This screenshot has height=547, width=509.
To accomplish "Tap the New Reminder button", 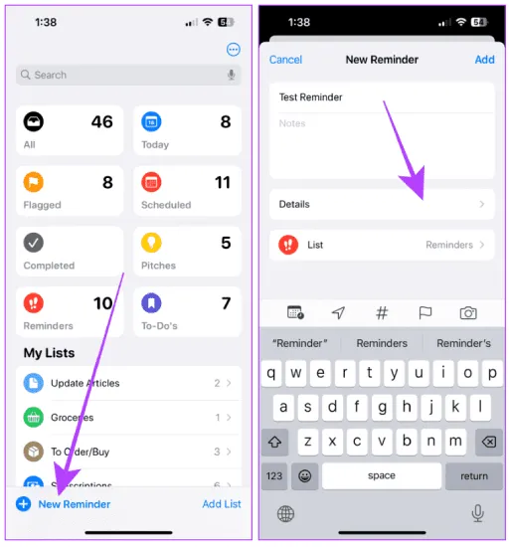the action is click(x=63, y=504).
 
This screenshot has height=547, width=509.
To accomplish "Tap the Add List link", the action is click(x=222, y=504).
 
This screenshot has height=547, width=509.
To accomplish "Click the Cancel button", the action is click(x=285, y=60).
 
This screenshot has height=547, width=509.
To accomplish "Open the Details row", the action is click(x=382, y=204).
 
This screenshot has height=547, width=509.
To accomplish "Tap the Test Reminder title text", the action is click(x=310, y=97).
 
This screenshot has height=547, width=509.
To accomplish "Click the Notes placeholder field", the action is click(x=292, y=123).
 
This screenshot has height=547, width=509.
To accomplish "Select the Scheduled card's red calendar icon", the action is click(x=151, y=182).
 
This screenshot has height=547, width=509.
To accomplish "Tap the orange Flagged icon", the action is click(x=34, y=182).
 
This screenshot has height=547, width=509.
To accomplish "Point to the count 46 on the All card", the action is click(x=102, y=121).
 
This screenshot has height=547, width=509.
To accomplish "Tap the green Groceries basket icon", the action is click(x=34, y=418).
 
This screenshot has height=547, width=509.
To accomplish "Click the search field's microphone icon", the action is click(x=232, y=75).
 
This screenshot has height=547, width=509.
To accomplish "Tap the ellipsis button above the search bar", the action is click(x=234, y=50).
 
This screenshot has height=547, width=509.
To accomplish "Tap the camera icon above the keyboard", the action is click(x=468, y=313).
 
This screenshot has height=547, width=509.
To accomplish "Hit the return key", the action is click(x=474, y=475).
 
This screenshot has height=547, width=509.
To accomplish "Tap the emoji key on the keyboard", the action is click(x=304, y=475).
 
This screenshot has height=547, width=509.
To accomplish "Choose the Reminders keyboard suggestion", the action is click(x=382, y=343).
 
